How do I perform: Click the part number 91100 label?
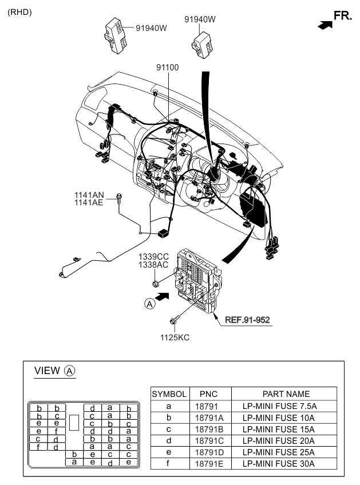pos(168,67)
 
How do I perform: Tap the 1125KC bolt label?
pos(175,337)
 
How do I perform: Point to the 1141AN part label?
pos(89,194)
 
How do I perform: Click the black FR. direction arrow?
pos(324,25)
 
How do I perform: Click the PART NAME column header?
pos(286,393)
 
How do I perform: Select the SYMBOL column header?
pos(169,393)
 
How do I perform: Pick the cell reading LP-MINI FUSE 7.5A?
pos(286,406)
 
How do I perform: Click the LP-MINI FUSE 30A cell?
pos(286,464)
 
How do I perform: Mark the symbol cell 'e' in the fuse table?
pos(169,452)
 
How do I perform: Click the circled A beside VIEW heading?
pos(69,371)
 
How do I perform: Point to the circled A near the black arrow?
pos(149,304)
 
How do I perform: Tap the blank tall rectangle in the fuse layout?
pos(74,423)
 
